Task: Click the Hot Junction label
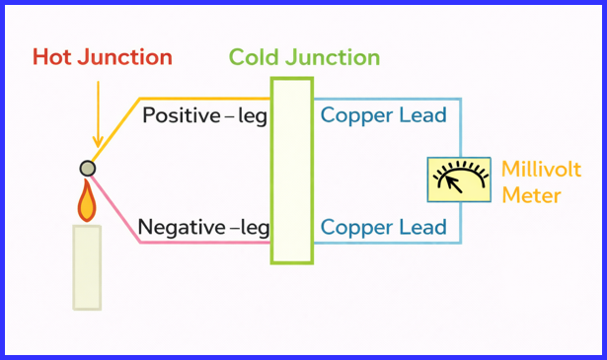point(103,57)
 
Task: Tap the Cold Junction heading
point(304,57)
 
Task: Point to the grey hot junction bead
point(88,169)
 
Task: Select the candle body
point(87,266)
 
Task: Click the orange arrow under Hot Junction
point(98,113)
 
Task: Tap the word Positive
point(182,115)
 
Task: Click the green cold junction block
point(292,170)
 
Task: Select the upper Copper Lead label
point(384,115)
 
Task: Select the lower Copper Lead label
point(384,228)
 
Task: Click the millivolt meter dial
point(458,180)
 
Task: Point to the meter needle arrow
point(451,181)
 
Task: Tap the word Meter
point(531,195)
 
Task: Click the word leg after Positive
point(253,116)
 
